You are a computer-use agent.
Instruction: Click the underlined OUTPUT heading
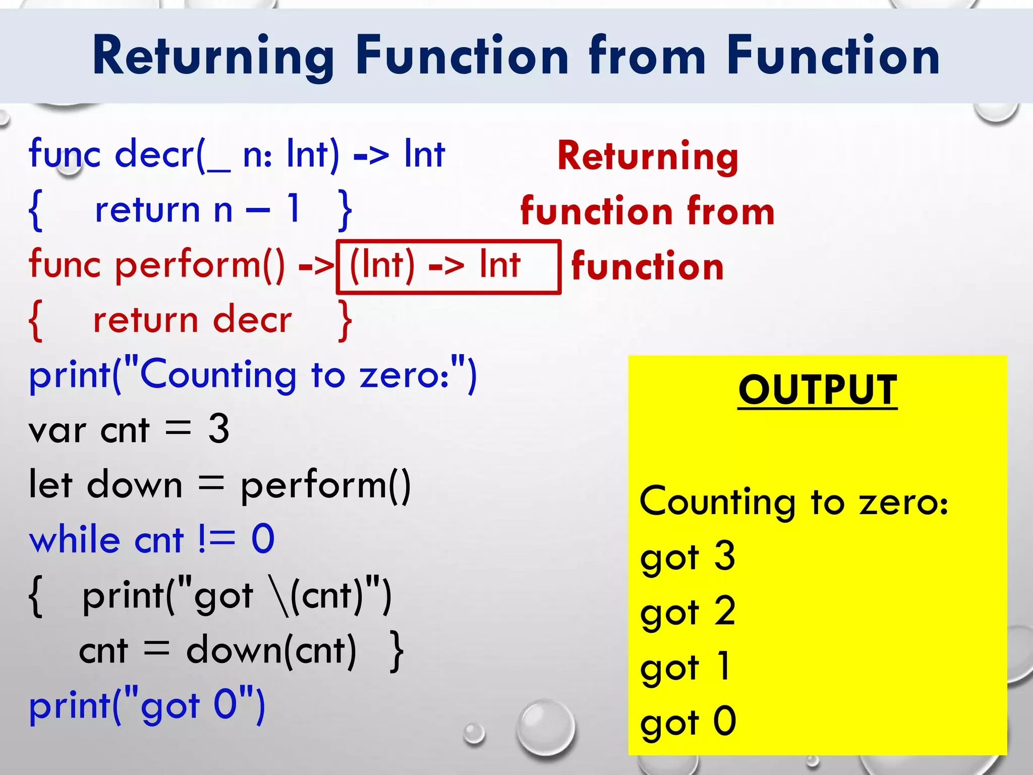tap(817, 390)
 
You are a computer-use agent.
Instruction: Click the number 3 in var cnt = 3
tap(219, 429)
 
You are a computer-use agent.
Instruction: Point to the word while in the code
tap(74, 539)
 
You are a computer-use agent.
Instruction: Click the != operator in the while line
tap(216, 539)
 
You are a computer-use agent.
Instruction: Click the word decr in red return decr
tap(252, 320)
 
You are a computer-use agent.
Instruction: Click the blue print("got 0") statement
tap(146, 706)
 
